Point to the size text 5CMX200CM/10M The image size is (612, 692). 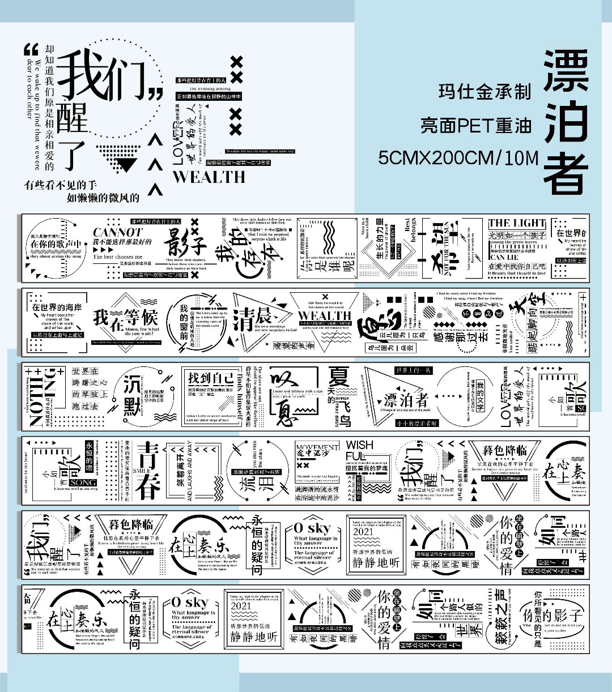point(458,157)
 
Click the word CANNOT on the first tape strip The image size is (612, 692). point(117,232)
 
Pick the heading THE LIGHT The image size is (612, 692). point(517,223)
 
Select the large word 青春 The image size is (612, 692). point(149,470)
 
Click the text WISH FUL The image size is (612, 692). point(360,451)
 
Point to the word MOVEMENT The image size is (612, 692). point(317,447)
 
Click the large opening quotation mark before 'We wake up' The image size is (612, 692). point(31,50)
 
